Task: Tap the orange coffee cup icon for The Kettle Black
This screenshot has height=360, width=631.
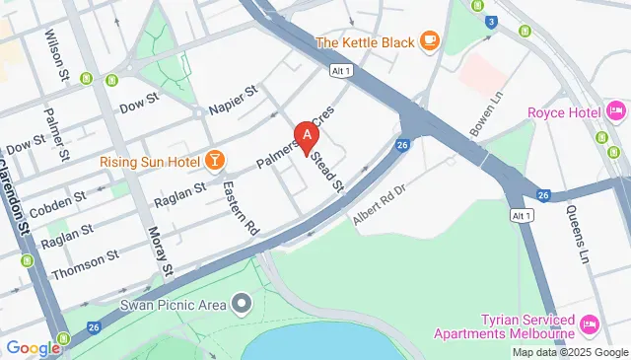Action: (429, 40)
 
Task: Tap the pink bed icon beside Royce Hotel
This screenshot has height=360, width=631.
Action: (617, 111)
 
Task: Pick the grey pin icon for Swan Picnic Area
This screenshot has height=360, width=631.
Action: (242, 302)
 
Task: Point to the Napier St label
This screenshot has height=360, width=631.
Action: (233, 100)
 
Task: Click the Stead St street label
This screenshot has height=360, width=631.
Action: (328, 169)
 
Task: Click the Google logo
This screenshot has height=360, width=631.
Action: (33, 347)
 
